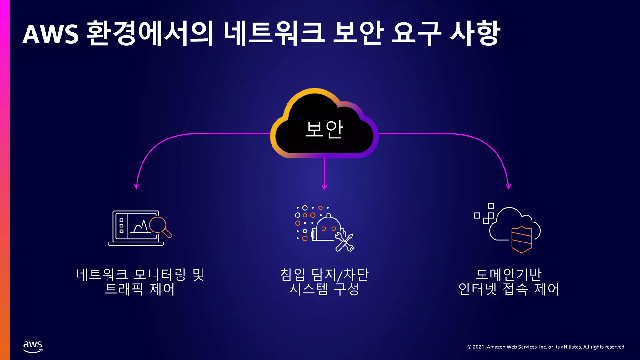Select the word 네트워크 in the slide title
pyautogui.click(x=274, y=34)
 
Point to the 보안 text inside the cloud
pyautogui.click(x=324, y=129)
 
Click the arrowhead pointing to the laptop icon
pyautogui.click(x=137, y=187)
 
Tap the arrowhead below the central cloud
pyautogui.click(x=324, y=187)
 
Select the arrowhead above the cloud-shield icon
pyautogui.click(x=508, y=187)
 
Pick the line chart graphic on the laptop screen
pyautogui.click(x=140, y=227)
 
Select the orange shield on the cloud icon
pyautogui.click(x=521, y=239)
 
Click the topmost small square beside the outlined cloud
pyautogui.click(x=491, y=206)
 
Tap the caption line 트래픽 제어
pyautogui.click(x=139, y=289)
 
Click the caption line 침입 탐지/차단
pyautogui.click(x=324, y=275)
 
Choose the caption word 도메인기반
pyautogui.click(x=508, y=275)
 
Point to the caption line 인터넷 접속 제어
pyautogui.click(x=508, y=289)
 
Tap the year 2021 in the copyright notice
pyautogui.click(x=478, y=347)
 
